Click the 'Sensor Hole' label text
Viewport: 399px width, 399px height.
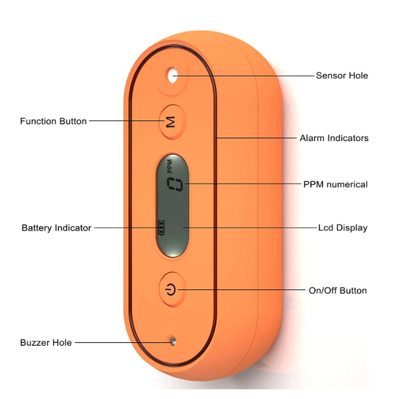click(342, 76)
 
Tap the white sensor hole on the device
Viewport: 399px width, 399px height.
click(173, 75)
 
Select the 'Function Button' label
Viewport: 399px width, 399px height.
click(53, 121)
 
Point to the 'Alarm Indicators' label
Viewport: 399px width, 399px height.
click(334, 138)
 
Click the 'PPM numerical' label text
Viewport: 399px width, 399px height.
click(335, 185)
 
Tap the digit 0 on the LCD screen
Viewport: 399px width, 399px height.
click(175, 185)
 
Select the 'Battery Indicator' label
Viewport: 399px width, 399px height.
click(56, 228)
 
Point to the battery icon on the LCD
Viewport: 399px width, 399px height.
click(161, 228)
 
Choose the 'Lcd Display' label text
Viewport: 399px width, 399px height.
click(343, 228)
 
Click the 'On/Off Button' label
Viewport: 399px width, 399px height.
click(338, 290)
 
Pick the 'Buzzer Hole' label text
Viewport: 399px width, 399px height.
click(46, 343)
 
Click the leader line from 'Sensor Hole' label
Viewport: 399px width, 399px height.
click(244, 76)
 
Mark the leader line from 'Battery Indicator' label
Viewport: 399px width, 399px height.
click(125, 228)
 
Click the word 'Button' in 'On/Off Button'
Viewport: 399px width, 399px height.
click(353, 290)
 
